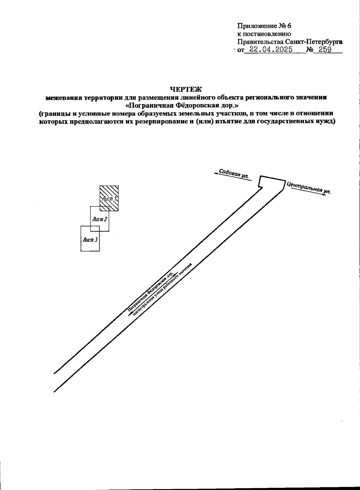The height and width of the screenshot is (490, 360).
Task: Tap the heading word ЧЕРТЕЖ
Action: pyautogui.click(x=186, y=89)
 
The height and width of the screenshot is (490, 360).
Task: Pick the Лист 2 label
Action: pyautogui.click(x=100, y=219)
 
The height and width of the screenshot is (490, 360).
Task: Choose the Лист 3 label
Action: pyautogui.click(x=90, y=240)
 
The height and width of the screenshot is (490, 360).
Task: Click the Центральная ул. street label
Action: pyautogui.click(x=308, y=188)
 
